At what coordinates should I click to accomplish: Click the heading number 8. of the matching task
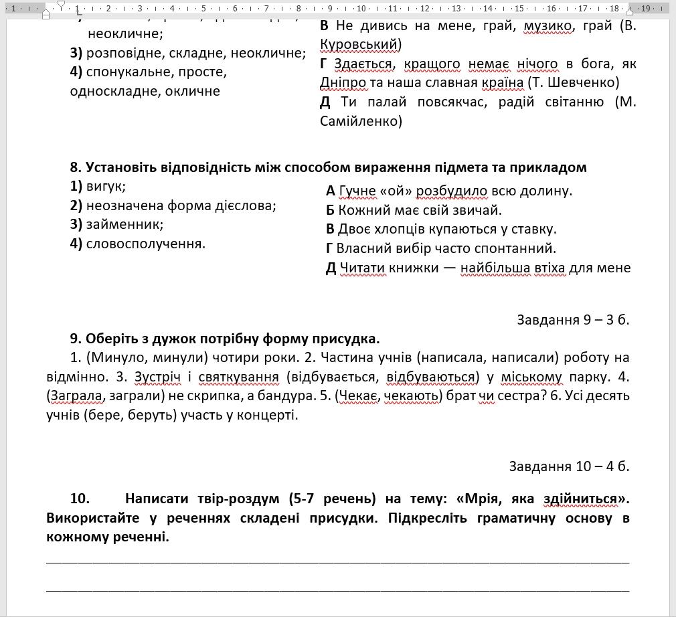(x=76, y=167)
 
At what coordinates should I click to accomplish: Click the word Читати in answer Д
(x=361, y=268)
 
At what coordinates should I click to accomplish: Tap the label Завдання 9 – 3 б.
(x=572, y=320)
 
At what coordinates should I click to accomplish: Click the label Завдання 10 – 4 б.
(x=568, y=466)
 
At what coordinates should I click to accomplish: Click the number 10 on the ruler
(x=361, y=9)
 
